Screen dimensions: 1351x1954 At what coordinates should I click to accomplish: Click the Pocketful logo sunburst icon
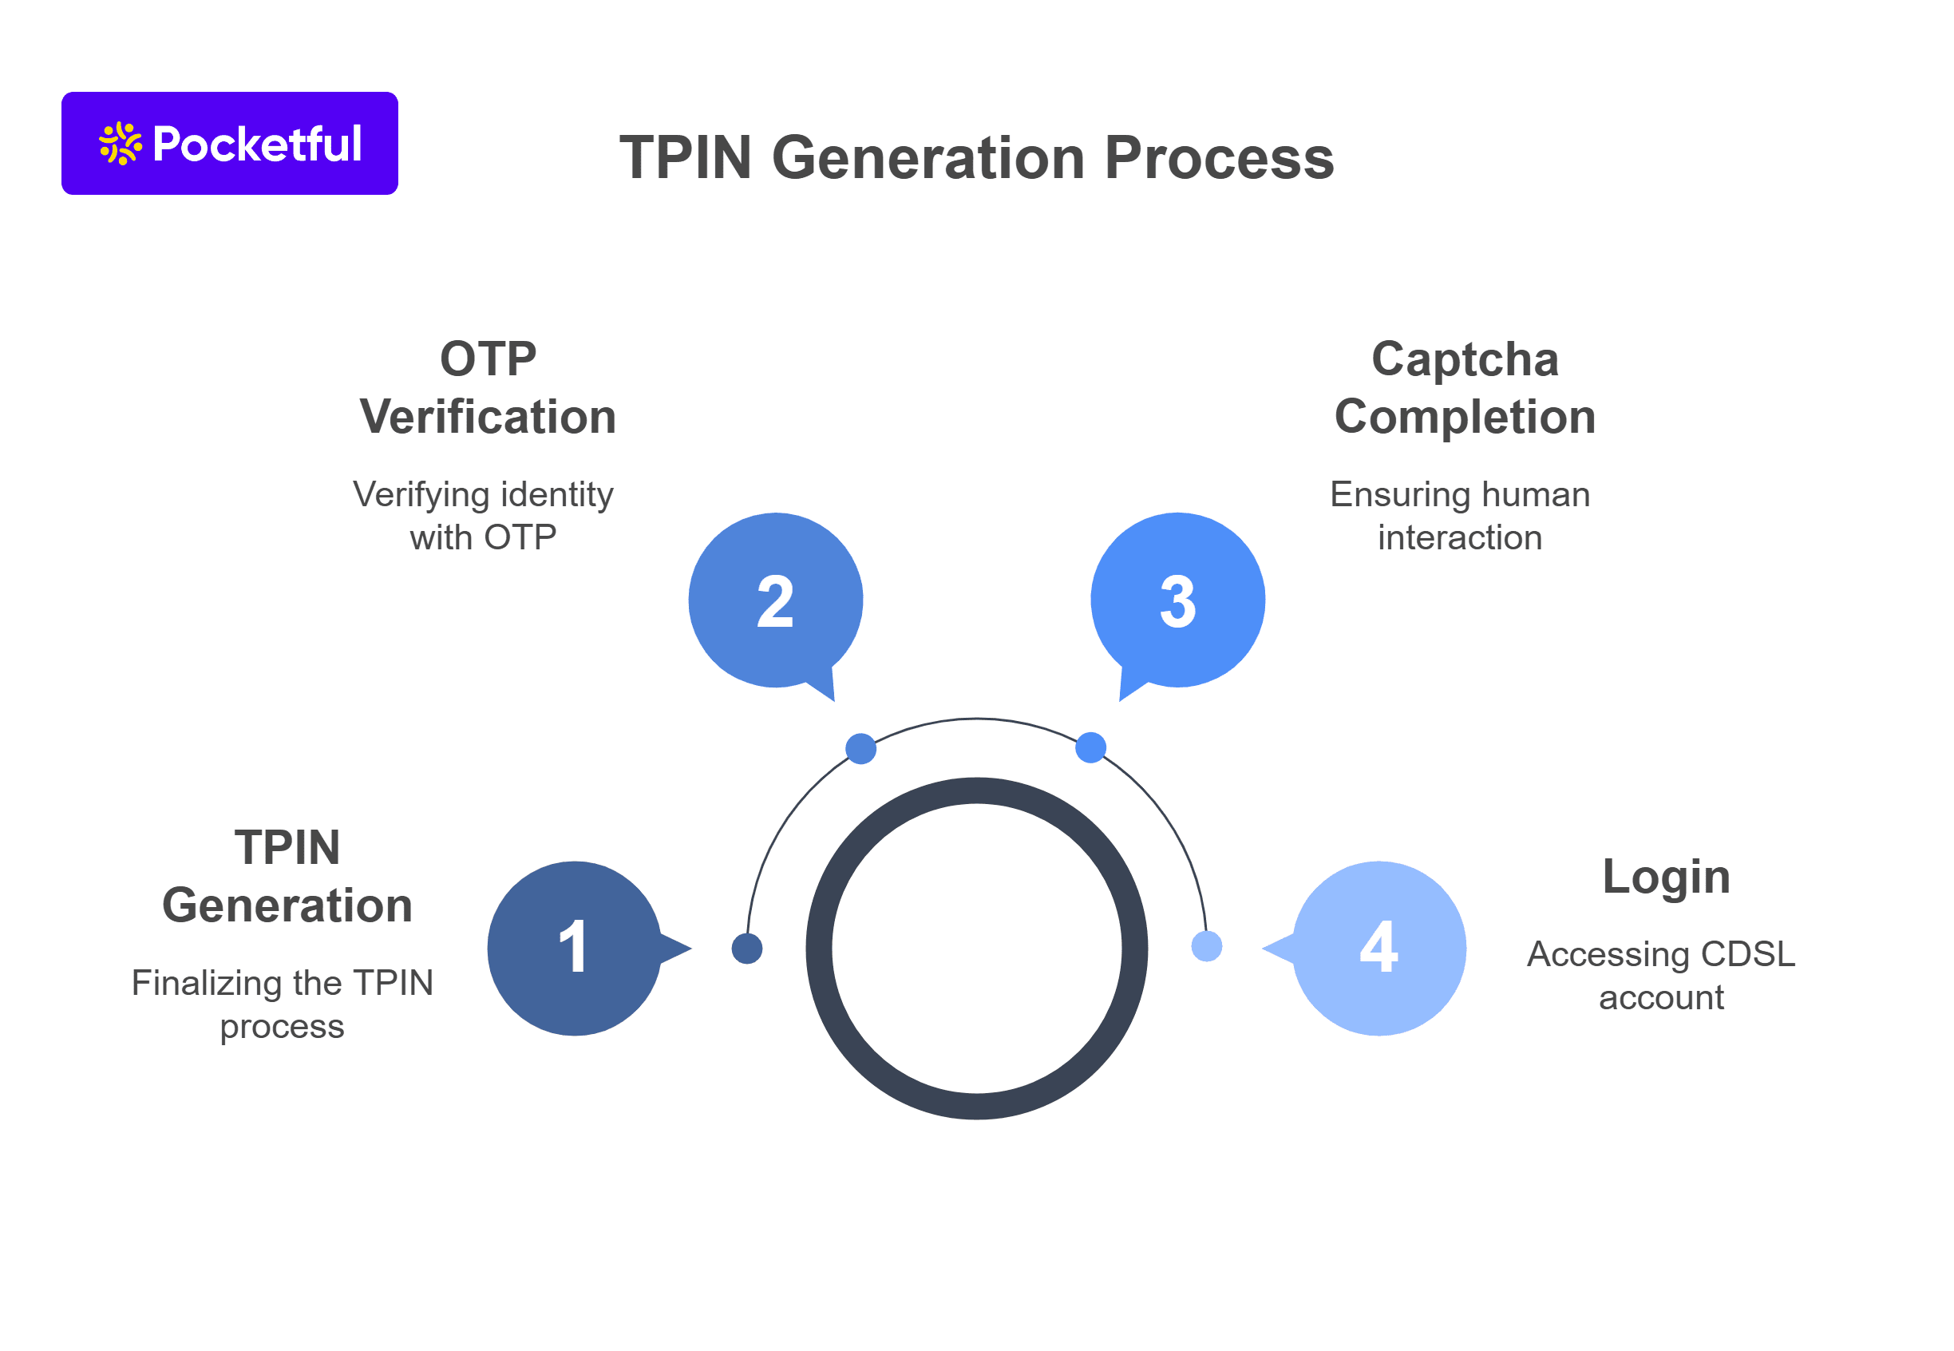pyautogui.click(x=121, y=143)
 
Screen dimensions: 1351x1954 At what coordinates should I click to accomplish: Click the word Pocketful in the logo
pyautogui.click(x=257, y=144)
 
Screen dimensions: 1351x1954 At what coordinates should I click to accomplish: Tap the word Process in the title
pyautogui.click(x=1219, y=158)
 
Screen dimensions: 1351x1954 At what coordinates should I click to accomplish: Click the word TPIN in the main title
pyautogui.click(x=686, y=158)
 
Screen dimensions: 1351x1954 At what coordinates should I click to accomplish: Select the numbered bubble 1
pyautogui.click(x=574, y=948)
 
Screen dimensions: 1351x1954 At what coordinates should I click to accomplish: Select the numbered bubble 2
pyautogui.click(x=775, y=600)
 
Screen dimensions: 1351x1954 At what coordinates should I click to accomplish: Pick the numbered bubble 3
pyautogui.click(x=1177, y=600)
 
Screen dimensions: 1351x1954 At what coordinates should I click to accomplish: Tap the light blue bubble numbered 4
pyautogui.click(x=1378, y=948)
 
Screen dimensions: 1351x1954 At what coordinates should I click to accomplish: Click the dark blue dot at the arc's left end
pyautogui.click(x=746, y=948)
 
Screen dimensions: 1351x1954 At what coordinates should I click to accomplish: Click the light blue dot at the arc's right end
pyautogui.click(x=1206, y=945)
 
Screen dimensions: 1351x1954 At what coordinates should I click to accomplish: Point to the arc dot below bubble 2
pyautogui.click(x=860, y=748)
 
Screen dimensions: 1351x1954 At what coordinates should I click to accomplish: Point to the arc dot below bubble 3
pyautogui.click(x=1090, y=747)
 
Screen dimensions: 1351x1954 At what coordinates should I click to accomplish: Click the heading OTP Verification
pyautogui.click(x=488, y=388)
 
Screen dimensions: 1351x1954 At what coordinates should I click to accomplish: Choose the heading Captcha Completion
pyautogui.click(x=1464, y=388)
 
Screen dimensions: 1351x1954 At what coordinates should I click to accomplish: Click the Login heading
pyautogui.click(x=1665, y=877)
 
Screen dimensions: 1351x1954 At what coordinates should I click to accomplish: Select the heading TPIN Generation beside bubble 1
pyautogui.click(x=287, y=876)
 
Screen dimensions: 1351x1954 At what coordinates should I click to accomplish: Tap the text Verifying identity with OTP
pyautogui.click(x=482, y=516)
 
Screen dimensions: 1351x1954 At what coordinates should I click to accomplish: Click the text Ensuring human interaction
pyautogui.click(x=1459, y=516)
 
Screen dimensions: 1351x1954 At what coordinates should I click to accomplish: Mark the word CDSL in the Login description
pyautogui.click(x=1746, y=954)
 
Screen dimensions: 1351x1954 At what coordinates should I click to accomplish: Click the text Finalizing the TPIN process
pyautogui.click(x=282, y=1004)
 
